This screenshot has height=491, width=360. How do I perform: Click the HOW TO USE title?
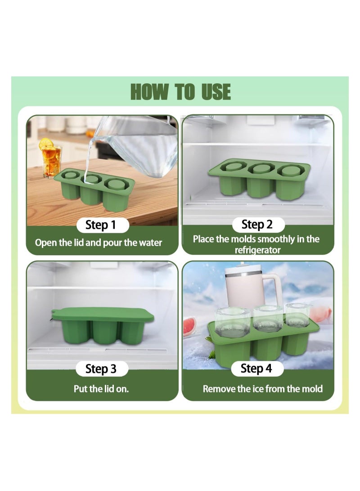(x=180, y=92)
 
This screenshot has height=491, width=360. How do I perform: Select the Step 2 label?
(x=257, y=224)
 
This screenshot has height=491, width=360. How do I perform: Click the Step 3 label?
(x=101, y=369)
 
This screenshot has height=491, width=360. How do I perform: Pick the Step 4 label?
(x=256, y=369)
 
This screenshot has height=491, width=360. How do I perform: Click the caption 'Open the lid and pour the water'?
(x=99, y=243)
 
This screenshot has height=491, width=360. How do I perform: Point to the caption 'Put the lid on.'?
(x=101, y=388)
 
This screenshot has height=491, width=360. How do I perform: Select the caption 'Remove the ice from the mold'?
(x=262, y=388)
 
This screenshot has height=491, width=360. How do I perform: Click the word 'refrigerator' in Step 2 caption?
(x=257, y=250)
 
